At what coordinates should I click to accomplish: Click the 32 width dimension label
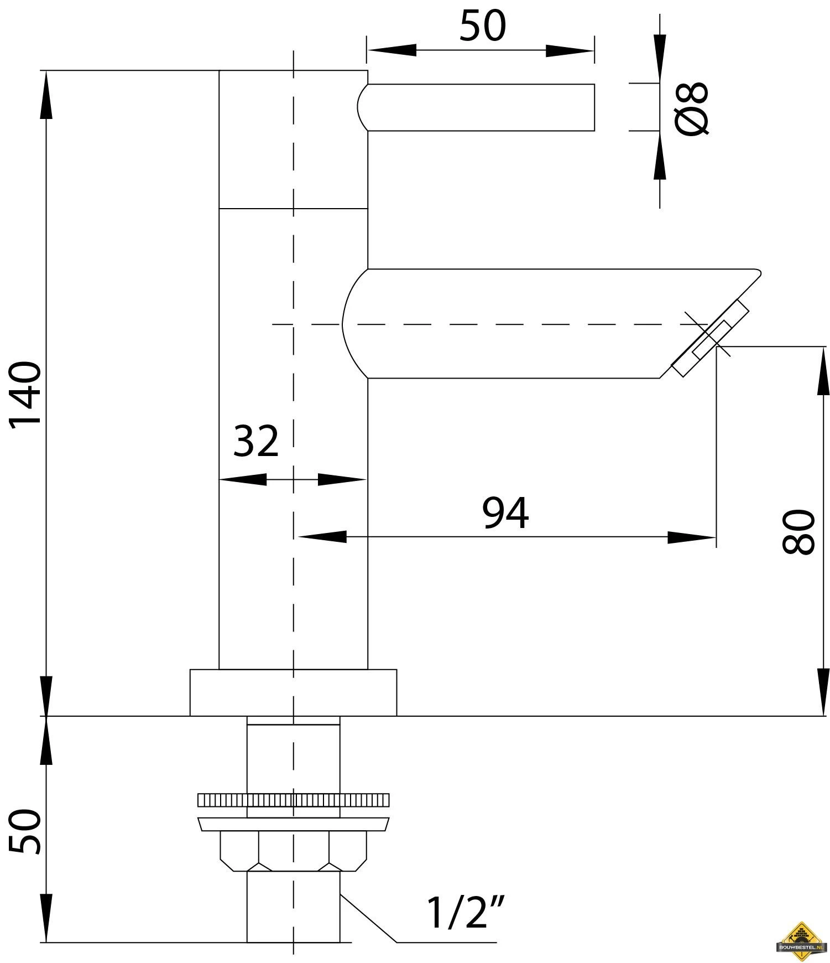(x=255, y=441)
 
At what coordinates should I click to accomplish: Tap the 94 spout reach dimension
(x=505, y=512)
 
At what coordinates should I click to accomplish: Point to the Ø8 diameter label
(x=692, y=108)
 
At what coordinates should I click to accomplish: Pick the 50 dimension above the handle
(x=483, y=26)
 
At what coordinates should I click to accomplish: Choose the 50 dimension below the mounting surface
(x=26, y=831)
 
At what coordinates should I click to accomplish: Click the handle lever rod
(x=476, y=107)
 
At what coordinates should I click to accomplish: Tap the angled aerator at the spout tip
(x=710, y=339)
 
